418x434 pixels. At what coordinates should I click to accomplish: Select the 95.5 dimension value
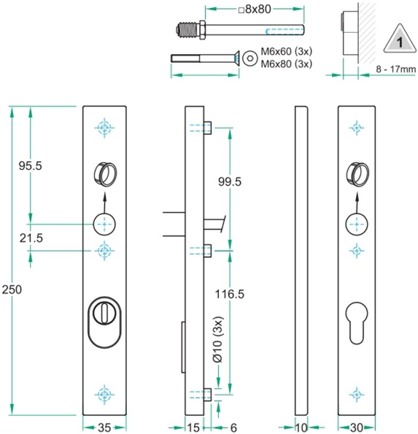30,166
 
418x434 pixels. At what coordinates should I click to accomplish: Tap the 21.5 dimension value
30,239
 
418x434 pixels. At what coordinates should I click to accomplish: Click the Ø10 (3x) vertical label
216,343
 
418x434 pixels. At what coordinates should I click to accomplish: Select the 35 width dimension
106,426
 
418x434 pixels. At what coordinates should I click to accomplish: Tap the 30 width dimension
356,426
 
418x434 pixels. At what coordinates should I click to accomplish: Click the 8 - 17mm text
395,69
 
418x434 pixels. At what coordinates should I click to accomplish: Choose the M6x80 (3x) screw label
286,63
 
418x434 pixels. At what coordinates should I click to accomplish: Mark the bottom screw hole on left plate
106,395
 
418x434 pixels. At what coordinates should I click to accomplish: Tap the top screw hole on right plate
356,128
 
